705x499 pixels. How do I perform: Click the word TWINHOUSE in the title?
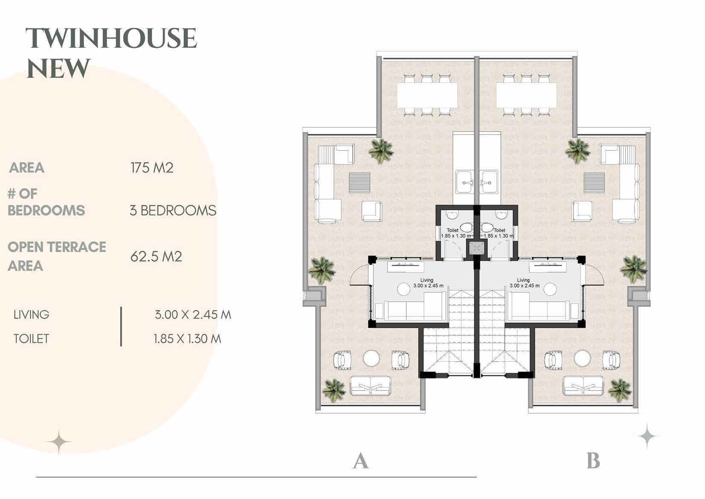pos(111,39)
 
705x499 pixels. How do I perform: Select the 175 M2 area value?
pos(152,167)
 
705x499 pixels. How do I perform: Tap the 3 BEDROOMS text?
pos(173,210)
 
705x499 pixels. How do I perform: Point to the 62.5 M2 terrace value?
pos(156,256)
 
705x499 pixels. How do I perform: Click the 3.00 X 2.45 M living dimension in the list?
pos(193,315)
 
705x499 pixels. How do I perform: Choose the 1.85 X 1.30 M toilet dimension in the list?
pos(187,339)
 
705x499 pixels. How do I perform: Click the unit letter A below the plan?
pos(360,461)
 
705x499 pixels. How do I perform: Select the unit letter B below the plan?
pos(593,461)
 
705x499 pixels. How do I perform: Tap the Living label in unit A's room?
pos(427,280)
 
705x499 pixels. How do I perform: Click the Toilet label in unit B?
pos(499,230)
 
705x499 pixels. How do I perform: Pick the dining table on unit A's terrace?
pos(427,95)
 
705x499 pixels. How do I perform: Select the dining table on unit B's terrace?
pos(526,95)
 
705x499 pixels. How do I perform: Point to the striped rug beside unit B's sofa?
pos(594,182)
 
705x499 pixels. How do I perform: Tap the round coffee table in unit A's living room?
pos(404,289)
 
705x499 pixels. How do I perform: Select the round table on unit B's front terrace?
pos(582,358)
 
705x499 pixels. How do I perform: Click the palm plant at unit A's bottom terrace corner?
pos(334,389)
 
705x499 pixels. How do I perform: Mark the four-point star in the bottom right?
pos(647,437)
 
